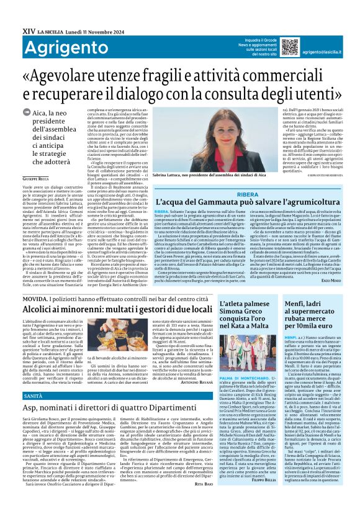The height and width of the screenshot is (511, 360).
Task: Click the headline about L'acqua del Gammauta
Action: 249,202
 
